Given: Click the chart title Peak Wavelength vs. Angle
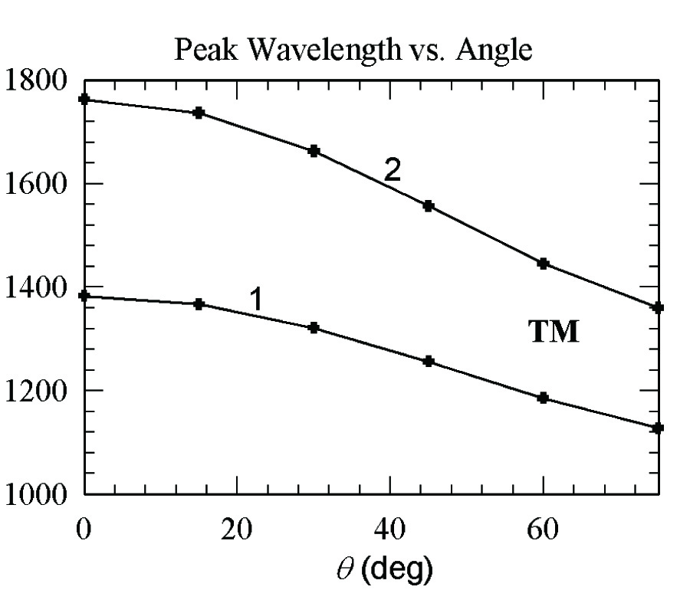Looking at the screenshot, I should (353, 51).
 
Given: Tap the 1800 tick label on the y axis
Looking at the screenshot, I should (38, 80).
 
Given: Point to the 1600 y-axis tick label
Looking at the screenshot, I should (38, 184).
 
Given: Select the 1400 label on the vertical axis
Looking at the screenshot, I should (38, 288).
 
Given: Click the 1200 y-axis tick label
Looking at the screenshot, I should (38, 392).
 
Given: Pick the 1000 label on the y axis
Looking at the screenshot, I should (38, 495).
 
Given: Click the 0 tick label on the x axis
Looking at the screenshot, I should (84, 530).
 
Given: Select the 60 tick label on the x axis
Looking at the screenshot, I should (543, 530).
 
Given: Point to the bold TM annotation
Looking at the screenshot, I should (553, 333).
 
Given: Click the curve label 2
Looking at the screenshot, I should (392, 172).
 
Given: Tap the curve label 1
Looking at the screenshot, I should (256, 300).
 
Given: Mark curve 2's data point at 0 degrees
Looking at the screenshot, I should (84, 100).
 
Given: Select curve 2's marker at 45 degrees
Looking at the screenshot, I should (429, 206).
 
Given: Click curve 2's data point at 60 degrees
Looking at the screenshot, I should (544, 264).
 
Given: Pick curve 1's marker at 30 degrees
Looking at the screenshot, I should (314, 328).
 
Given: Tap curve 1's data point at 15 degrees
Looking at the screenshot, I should (199, 304).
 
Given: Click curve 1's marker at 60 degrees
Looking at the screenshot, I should (544, 398).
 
